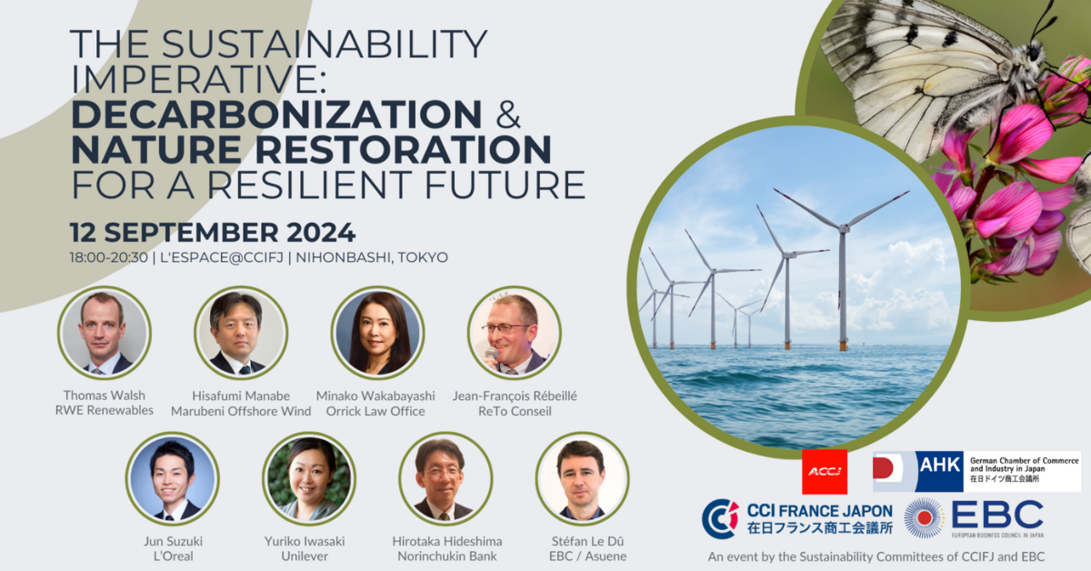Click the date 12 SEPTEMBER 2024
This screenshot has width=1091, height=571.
click(x=212, y=231)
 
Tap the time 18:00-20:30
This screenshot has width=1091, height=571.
click(x=108, y=257)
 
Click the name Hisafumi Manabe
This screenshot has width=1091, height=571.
click(x=241, y=396)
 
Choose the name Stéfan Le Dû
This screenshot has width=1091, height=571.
click(x=582, y=541)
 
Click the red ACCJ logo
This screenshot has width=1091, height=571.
click(x=824, y=472)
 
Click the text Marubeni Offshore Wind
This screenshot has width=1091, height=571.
click(x=241, y=411)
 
